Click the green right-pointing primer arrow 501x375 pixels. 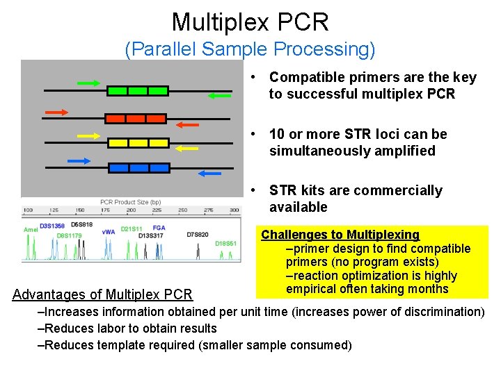[x=88, y=83]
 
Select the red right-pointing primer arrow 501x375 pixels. [x=56, y=111]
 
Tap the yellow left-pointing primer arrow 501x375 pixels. [x=186, y=148]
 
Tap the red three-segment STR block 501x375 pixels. [x=136, y=118]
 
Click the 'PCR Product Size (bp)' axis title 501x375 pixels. [x=131, y=201]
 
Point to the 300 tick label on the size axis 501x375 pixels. [x=234, y=210]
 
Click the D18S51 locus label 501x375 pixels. [x=225, y=244]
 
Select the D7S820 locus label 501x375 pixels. [x=197, y=235]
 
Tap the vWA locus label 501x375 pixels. [x=109, y=231]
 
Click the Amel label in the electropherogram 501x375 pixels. [x=31, y=229]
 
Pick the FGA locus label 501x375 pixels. [x=159, y=227]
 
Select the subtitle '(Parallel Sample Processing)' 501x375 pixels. [x=250, y=49]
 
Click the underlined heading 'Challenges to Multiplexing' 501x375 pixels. [x=340, y=235]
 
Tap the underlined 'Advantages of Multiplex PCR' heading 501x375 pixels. [x=102, y=294]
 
